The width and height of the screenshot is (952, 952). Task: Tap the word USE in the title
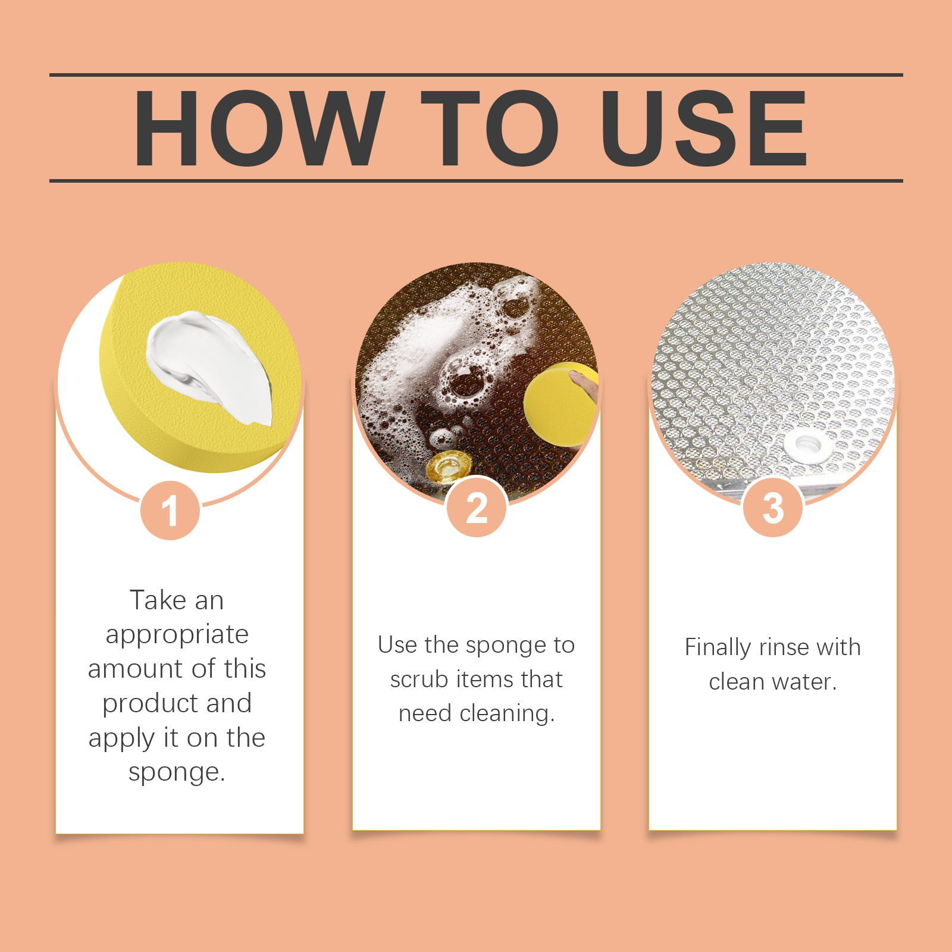click(x=704, y=128)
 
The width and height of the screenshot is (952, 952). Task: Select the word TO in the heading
click(x=490, y=128)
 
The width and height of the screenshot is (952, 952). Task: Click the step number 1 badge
click(x=170, y=511)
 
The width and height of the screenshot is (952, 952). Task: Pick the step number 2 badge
click(x=477, y=508)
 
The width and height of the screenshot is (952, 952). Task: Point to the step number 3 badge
click(x=773, y=508)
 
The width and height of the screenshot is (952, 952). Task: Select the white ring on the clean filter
click(x=806, y=443)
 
